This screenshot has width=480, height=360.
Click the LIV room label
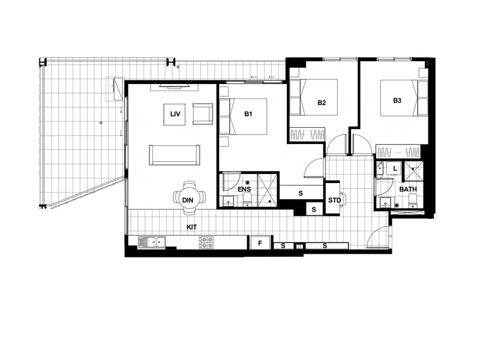pos(176,113)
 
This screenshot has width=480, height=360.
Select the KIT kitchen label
pos(192,227)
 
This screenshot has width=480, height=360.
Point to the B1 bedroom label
pos(248,113)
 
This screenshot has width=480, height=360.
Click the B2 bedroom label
pos(322,103)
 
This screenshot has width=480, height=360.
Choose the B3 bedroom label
pos(397,100)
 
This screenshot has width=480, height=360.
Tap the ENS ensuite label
pos(244,190)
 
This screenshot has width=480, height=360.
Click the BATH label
pos(409,190)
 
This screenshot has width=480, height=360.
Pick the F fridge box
pos(260,243)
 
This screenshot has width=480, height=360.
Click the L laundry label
pos(394,169)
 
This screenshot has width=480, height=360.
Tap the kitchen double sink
pos(152,242)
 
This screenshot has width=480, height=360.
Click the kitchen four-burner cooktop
pos(207,242)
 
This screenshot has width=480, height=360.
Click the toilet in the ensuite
pos(248,202)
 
